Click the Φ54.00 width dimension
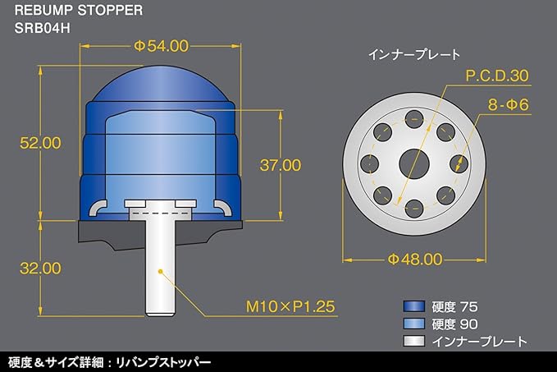(x=161, y=46)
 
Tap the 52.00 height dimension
(x=40, y=143)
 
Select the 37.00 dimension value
(x=281, y=165)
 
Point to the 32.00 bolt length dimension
(x=40, y=269)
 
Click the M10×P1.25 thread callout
(x=290, y=306)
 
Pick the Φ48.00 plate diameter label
(x=415, y=259)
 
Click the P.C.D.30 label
(x=497, y=76)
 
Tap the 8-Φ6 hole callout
(x=508, y=105)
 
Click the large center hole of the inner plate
(x=414, y=164)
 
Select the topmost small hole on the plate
(x=414, y=119)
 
